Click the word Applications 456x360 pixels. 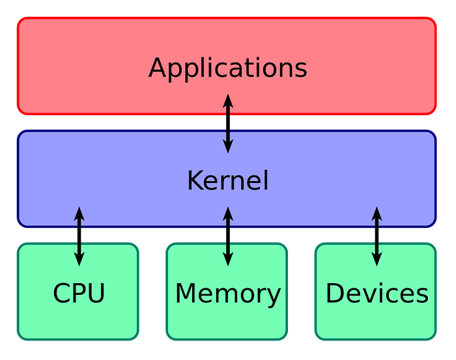tap(227, 68)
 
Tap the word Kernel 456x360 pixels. tap(227, 180)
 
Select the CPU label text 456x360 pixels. tap(79, 294)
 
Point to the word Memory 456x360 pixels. tap(227, 294)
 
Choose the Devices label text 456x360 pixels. tap(377, 294)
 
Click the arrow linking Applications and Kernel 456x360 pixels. tap(227, 124)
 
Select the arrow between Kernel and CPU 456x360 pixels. tap(79, 236)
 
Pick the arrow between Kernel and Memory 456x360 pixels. tap(227, 236)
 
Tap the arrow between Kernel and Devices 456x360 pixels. tap(377, 236)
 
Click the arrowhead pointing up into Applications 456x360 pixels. tap(227, 101)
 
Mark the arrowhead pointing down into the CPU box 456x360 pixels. tap(79, 258)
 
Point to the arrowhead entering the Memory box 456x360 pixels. tap(227, 258)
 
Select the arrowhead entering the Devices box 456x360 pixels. tap(377, 258)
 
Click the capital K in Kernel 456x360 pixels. tap(195, 180)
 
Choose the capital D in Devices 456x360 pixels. tap(335, 294)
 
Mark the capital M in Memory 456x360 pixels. tap(186, 294)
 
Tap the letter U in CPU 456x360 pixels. tap(96, 294)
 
